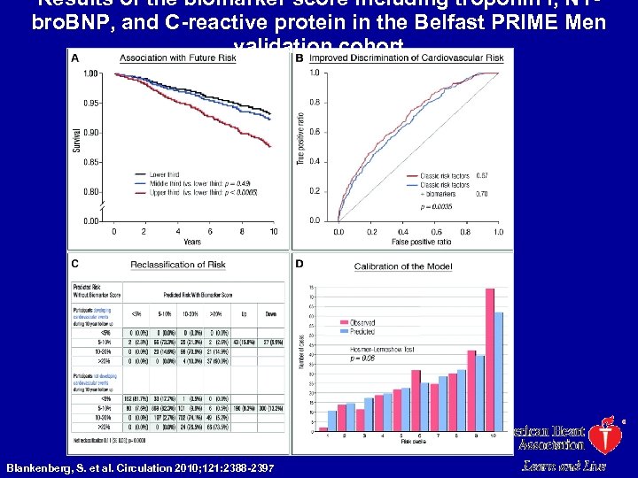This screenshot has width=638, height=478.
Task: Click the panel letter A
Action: tap(74, 58)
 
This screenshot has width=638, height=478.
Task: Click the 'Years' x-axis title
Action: tap(192, 241)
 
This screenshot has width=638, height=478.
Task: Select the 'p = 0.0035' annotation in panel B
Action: tap(437, 206)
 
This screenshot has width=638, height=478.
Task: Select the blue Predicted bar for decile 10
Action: tap(500, 373)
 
